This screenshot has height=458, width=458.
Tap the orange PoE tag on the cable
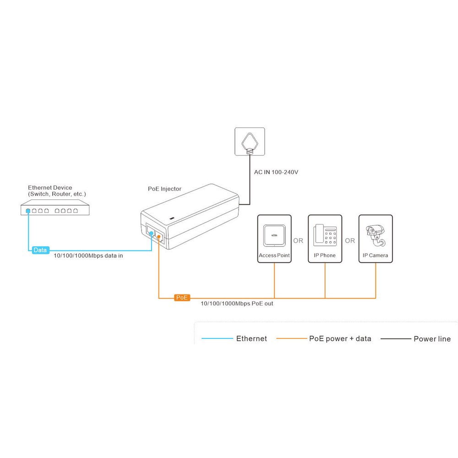[x=182, y=298]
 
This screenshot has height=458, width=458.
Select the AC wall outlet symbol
[x=250, y=142]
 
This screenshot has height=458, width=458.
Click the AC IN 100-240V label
[x=276, y=172]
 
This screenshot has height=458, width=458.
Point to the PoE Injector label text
[x=164, y=189]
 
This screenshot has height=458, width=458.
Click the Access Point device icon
[x=274, y=236]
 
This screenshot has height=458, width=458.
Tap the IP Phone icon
[x=325, y=235]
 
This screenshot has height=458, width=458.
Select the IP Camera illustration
[x=376, y=236]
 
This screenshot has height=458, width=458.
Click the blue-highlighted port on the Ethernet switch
[x=28, y=211]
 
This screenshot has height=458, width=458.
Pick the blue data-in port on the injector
[x=151, y=233]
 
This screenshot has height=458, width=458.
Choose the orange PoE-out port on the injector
[x=158, y=237]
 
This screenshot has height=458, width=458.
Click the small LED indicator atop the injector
[x=172, y=218]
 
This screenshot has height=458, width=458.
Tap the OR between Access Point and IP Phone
[x=298, y=241]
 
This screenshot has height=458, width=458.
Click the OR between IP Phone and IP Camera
[x=350, y=241]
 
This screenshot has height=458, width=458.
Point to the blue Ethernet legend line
[x=217, y=338]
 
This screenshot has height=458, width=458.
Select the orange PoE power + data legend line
[x=292, y=338]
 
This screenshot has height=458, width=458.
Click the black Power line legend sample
[x=396, y=339]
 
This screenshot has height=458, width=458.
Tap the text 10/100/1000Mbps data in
[x=88, y=256]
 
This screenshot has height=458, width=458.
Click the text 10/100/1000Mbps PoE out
[x=237, y=304]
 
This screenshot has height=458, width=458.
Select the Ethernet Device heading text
[x=50, y=187]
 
